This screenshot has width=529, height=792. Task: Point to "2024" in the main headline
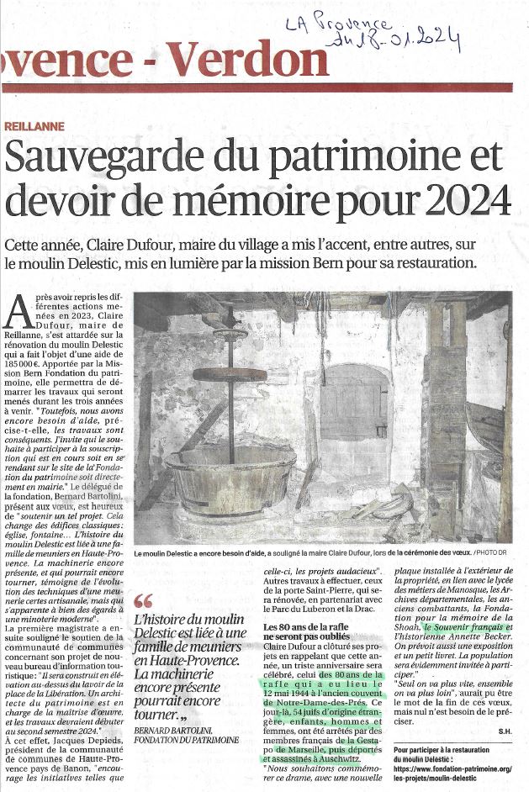tap(466, 201)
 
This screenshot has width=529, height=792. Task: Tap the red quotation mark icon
tap(143, 602)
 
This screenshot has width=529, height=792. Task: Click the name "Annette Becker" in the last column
tap(462, 638)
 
